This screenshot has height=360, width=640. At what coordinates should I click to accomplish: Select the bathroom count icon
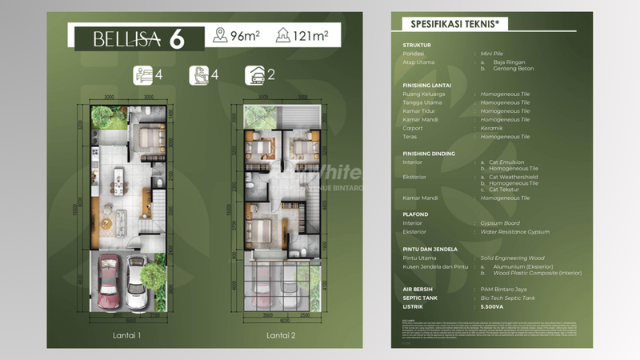[x=198, y=77]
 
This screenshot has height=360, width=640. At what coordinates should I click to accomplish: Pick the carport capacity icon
[x=253, y=77]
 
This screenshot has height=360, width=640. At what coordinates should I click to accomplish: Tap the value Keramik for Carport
[x=495, y=127]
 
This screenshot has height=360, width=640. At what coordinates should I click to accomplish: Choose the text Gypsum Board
[x=499, y=223]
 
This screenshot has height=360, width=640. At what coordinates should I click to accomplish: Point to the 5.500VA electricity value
[x=497, y=306]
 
